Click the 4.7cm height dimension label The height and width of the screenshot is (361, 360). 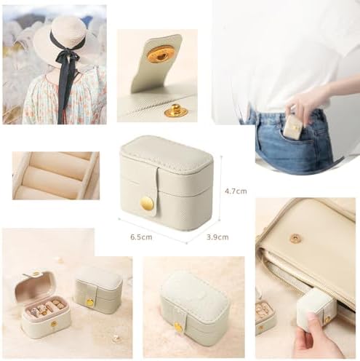(236, 191)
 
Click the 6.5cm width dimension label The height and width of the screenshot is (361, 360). (141, 237)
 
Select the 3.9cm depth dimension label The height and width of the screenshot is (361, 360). (217, 237)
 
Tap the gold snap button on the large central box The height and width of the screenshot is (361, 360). (147, 203)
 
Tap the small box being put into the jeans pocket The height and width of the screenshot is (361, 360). (293, 128)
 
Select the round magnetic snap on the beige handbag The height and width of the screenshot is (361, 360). (295, 237)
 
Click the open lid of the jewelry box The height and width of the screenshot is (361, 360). (35, 285)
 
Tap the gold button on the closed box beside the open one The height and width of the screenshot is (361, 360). (90, 302)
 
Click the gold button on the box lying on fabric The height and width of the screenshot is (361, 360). (178, 327)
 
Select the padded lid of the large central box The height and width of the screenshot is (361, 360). (167, 154)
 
